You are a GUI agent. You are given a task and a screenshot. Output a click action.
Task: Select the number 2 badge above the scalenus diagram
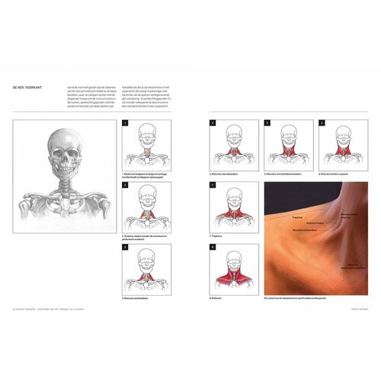tap(125, 184)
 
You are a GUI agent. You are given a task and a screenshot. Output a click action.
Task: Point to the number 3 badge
tap(125, 246)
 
